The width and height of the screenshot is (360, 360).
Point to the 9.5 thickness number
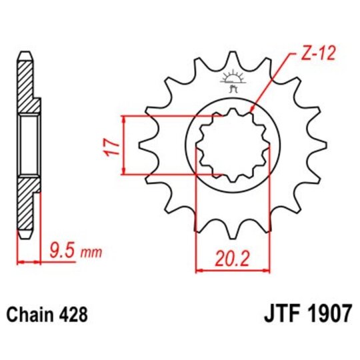tap(62, 252)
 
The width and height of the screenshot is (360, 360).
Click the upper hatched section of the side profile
tap(25, 83)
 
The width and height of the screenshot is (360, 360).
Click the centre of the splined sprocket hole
tap(232, 146)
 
